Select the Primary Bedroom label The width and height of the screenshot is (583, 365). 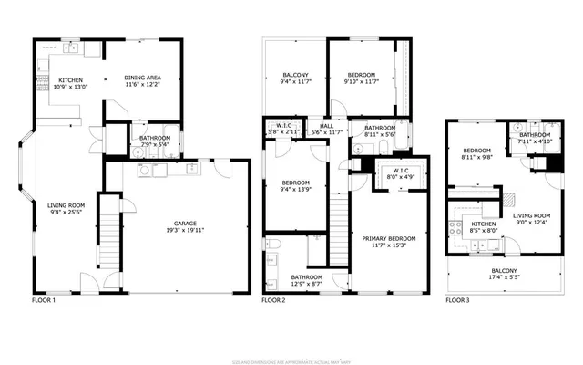pyautogui.click(x=389, y=239)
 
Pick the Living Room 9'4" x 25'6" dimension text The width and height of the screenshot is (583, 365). pyautogui.click(x=66, y=213)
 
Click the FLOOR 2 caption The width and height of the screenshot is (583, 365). pyautogui.click(x=274, y=299)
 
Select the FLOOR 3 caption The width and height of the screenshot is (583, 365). pyautogui.click(x=458, y=299)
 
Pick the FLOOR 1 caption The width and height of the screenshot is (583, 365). pyautogui.click(x=44, y=299)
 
